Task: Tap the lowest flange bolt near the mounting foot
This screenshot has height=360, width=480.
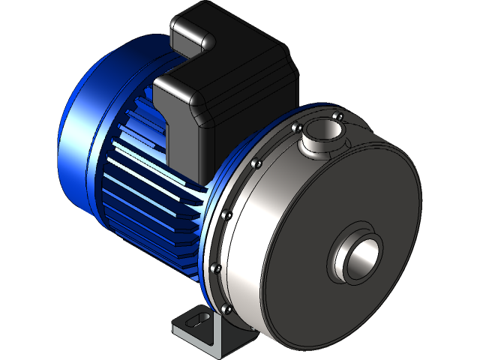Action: coord(223,307)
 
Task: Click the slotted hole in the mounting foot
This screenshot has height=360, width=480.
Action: coord(193,319)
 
